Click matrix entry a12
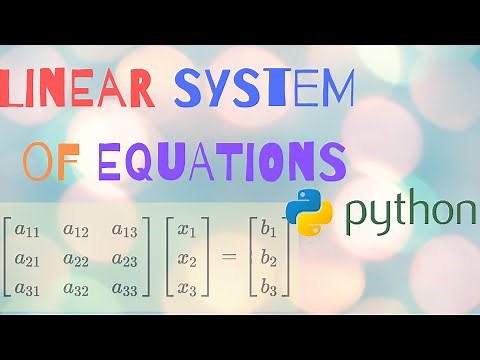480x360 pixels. [x=76, y=232]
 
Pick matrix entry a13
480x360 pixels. [x=125, y=232]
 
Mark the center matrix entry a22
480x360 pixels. [x=76, y=260]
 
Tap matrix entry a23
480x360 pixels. [x=125, y=260]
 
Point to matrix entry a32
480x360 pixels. [x=76, y=288]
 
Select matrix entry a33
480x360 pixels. [x=125, y=288]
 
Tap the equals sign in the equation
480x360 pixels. [x=229, y=260]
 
